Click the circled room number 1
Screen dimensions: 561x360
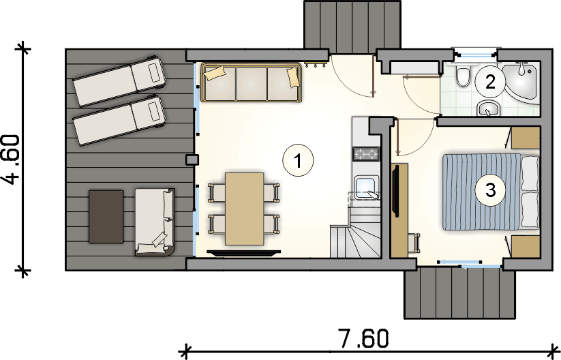pos(298,161)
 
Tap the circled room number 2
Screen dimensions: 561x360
pos(490,82)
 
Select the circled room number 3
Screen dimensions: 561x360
pos(490,190)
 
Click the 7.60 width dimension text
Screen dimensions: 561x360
pos(363,339)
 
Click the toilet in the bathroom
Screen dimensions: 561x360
pos(463,76)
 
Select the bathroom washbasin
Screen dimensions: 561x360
pos(489,108)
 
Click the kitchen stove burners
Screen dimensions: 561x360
pos(366,154)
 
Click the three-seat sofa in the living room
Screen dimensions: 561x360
pos(251,82)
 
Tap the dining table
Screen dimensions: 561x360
pos(244,209)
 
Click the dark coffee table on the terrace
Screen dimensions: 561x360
pos(106,217)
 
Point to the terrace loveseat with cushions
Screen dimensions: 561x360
pos(155,222)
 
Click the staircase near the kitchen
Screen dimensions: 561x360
pos(356,232)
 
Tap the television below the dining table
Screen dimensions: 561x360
pos(244,253)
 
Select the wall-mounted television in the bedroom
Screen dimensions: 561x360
pos(396,190)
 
